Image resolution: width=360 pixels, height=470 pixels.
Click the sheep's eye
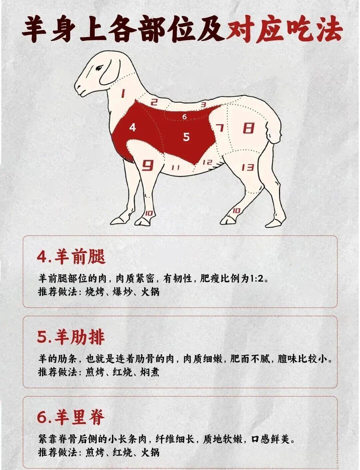[x=99, y=68]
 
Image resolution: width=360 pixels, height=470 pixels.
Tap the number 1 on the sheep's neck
[x=123, y=93]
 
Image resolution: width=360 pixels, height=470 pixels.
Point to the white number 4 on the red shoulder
[x=132, y=127]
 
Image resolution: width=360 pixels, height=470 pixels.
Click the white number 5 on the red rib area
[x=186, y=137]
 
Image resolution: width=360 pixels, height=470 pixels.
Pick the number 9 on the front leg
[x=148, y=165]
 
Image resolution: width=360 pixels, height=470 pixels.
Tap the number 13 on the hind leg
[x=248, y=167]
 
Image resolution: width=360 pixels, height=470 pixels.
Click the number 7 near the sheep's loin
[x=220, y=128]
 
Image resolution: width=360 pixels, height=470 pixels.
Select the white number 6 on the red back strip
[x=184, y=117]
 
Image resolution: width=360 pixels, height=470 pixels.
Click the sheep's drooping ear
[x=110, y=71]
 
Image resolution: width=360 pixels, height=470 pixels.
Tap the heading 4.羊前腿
[x=71, y=257]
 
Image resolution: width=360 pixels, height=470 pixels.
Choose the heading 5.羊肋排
[x=71, y=337]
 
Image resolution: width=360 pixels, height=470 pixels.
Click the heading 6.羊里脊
[x=71, y=417]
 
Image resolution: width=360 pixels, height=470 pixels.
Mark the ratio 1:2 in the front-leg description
[x=257, y=279]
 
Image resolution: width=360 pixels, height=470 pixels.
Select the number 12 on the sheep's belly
[x=207, y=162]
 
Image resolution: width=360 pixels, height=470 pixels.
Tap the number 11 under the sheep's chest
[x=175, y=167]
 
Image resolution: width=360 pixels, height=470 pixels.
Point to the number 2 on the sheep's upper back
[x=154, y=102]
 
